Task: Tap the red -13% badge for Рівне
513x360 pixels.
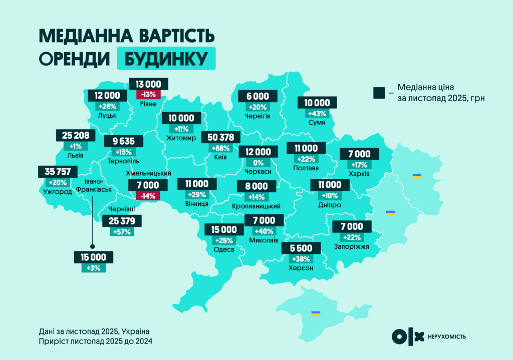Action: coord(148,94)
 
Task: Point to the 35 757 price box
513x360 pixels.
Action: coord(57,172)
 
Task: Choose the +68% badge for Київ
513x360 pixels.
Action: coord(220,148)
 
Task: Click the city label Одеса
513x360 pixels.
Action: coord(223,249)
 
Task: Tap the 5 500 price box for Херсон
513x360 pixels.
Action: coord(301,248)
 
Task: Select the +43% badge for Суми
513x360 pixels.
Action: coord(317,113)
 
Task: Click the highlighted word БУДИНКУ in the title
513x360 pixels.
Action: coord(166,59)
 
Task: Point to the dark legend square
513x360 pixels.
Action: coord(379,92)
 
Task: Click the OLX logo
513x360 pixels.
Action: coord(408,336)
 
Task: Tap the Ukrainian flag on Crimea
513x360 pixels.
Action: coord(316,313)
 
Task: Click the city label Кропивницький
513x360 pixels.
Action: coord(256,206)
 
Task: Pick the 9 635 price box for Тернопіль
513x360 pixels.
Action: coord(123,141)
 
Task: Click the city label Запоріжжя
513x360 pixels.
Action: coord(351,247)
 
